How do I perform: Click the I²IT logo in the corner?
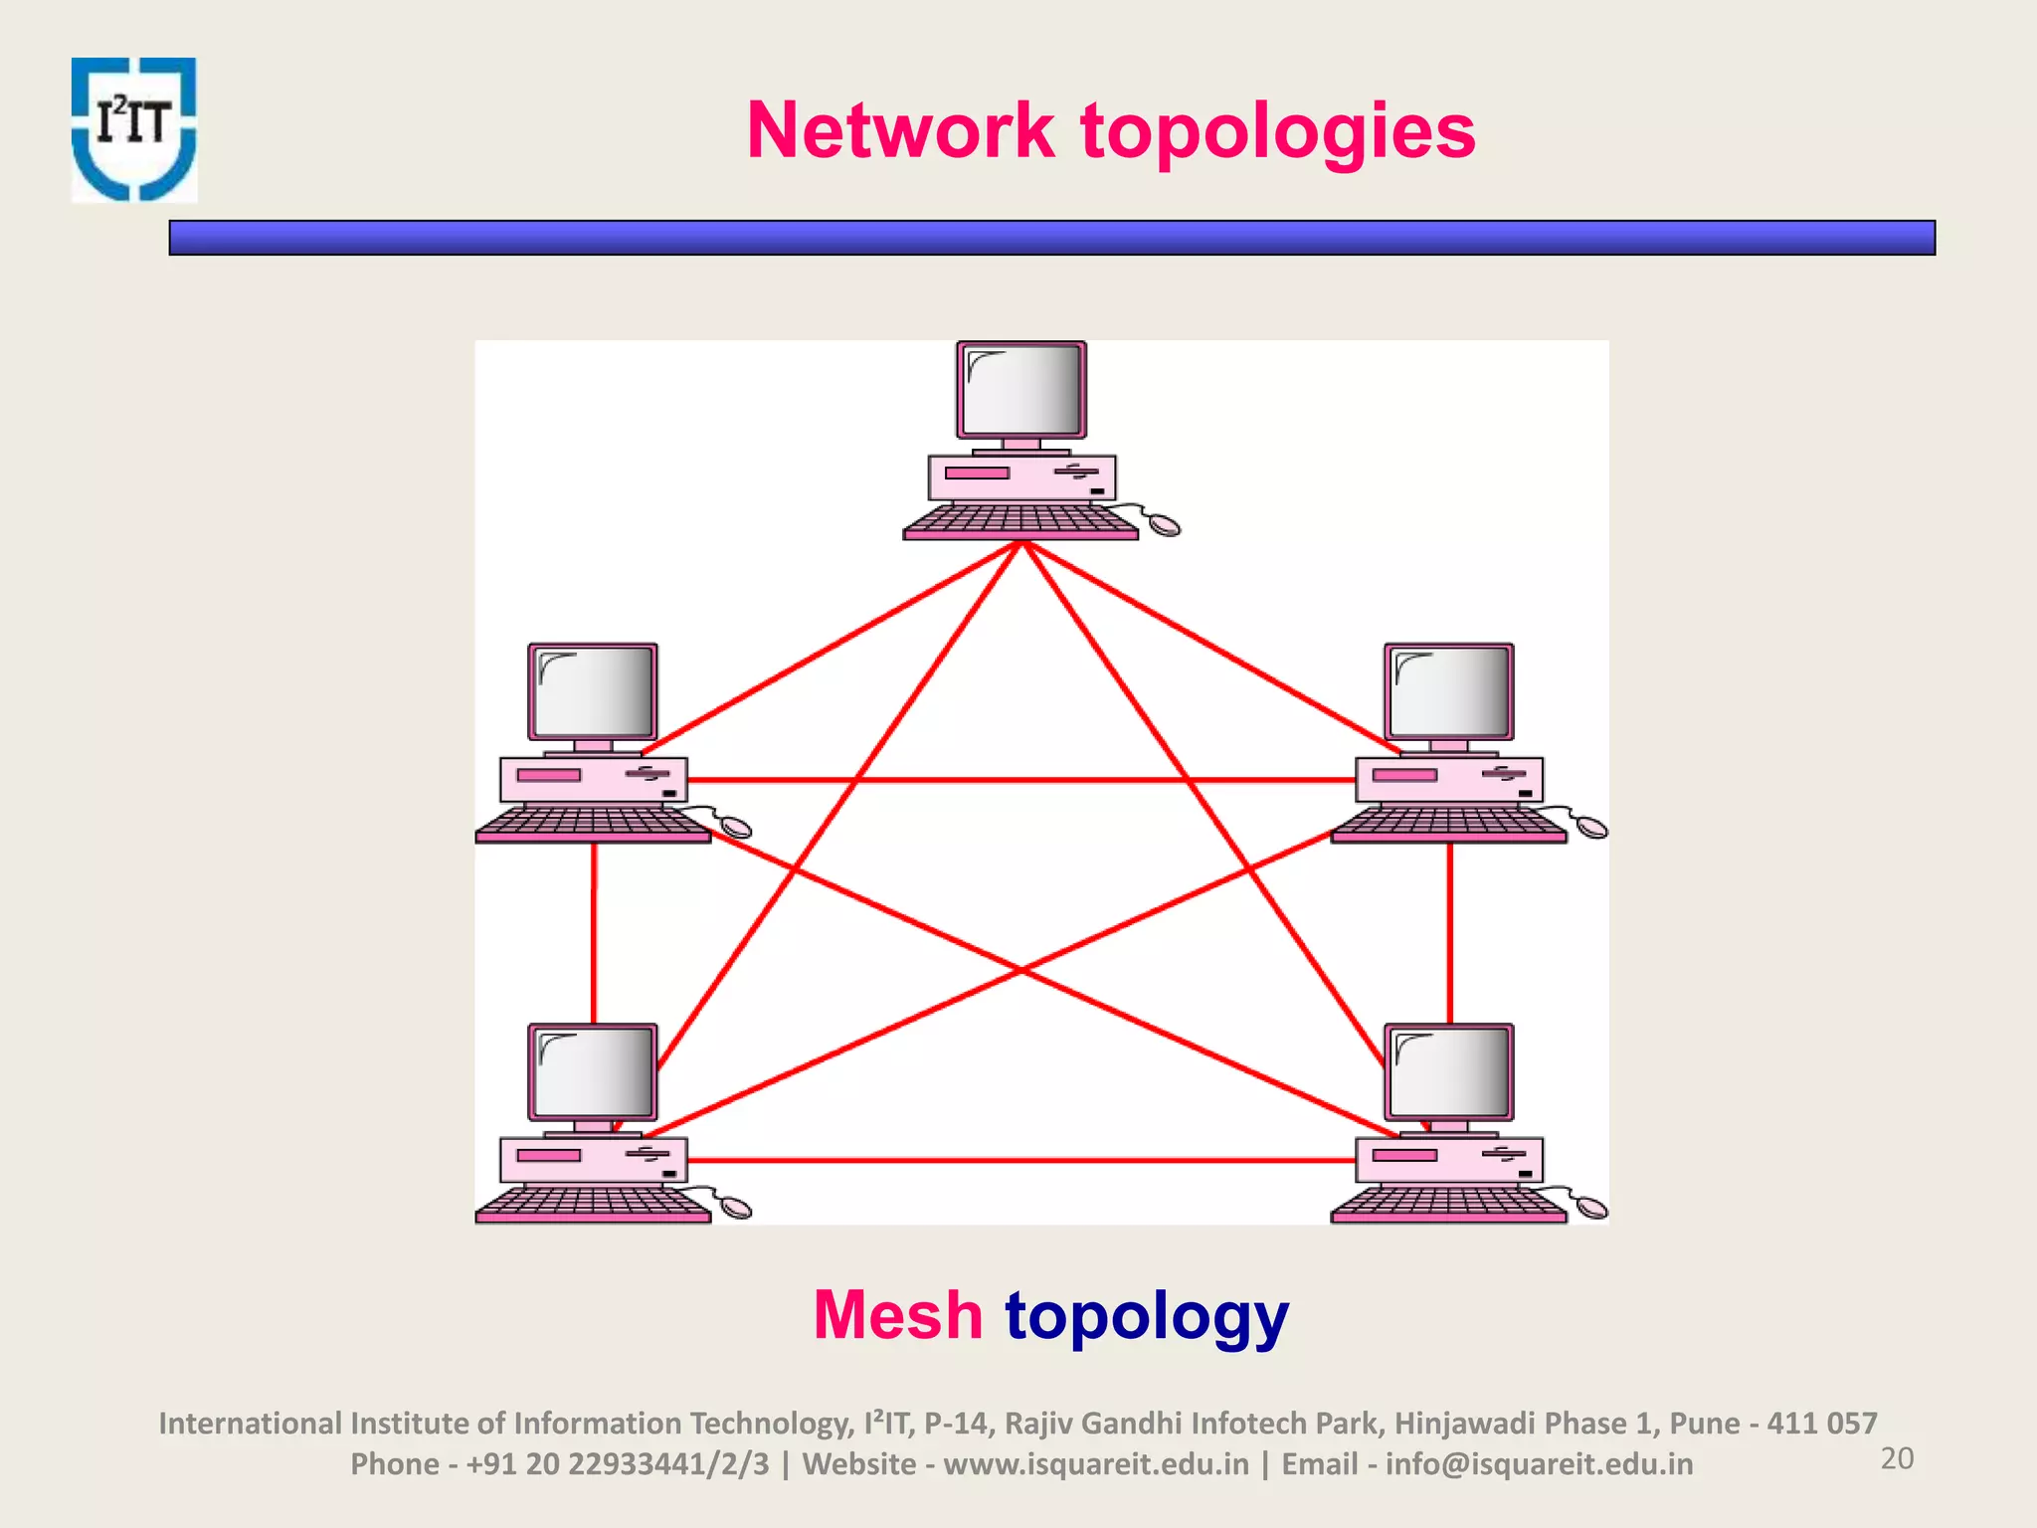(x=134, y=129)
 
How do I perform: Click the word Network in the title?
(x=900, y=130)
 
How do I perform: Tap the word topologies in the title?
(x=1278, y=132)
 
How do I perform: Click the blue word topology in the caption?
(x=1147, y=1316)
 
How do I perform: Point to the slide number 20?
(x=1897, y=1458)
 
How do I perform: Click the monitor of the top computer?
(x=1021, y=391)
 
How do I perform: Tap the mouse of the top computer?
(x=1165, y=524)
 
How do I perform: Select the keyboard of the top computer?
(x=1019, y=521)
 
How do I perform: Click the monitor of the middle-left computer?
(x=593, y=692)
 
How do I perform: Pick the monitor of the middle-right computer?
(x=1449, y=692)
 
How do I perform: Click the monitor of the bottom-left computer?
(x=593, y=1073)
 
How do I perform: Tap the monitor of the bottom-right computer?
(x=1449, y=1073)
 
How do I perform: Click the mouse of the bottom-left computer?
(x=736, y=1208)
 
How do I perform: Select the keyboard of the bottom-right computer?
(x=1448, y=1204)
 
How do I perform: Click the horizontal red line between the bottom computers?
(x=1021, y=1160)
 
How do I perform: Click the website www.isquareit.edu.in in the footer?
(x=1096, y=1464)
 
